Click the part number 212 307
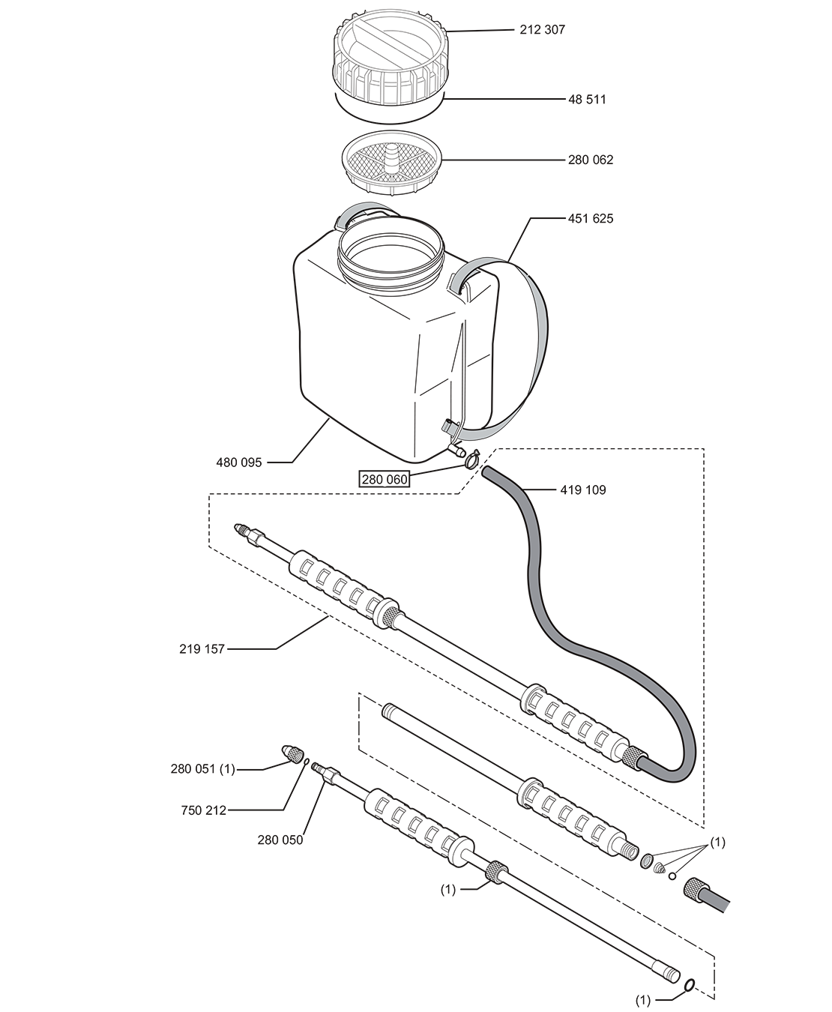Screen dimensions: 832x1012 [542, 30]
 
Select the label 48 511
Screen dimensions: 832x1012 [588, 100]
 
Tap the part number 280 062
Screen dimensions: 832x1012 [591, 160]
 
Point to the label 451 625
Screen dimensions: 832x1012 [591, 219]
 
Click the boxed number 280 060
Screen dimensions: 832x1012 [385, 479]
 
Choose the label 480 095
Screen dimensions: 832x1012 [239, 463]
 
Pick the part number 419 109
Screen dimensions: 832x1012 [583, 490]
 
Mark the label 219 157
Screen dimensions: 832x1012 [202, 649]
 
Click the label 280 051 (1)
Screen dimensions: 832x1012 [203, 769]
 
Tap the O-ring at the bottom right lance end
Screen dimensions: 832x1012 [689, 981]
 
